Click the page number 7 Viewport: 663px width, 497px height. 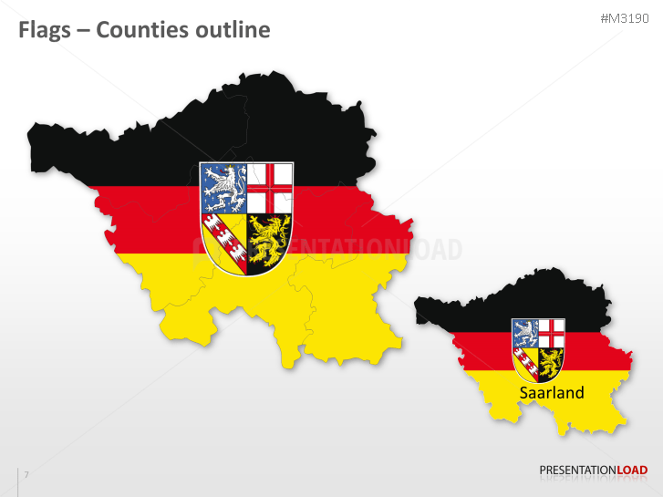[26, 474]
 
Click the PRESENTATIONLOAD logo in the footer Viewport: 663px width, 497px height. [593, 471]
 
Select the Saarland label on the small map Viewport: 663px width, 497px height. [552, 393]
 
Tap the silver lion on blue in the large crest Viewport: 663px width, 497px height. [223, 187]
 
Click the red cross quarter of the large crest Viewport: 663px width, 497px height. [270, 187]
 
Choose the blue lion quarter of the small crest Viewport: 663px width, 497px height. [525, 331]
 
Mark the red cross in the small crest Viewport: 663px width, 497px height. [551, 331]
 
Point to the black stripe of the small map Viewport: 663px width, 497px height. [474, 310]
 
